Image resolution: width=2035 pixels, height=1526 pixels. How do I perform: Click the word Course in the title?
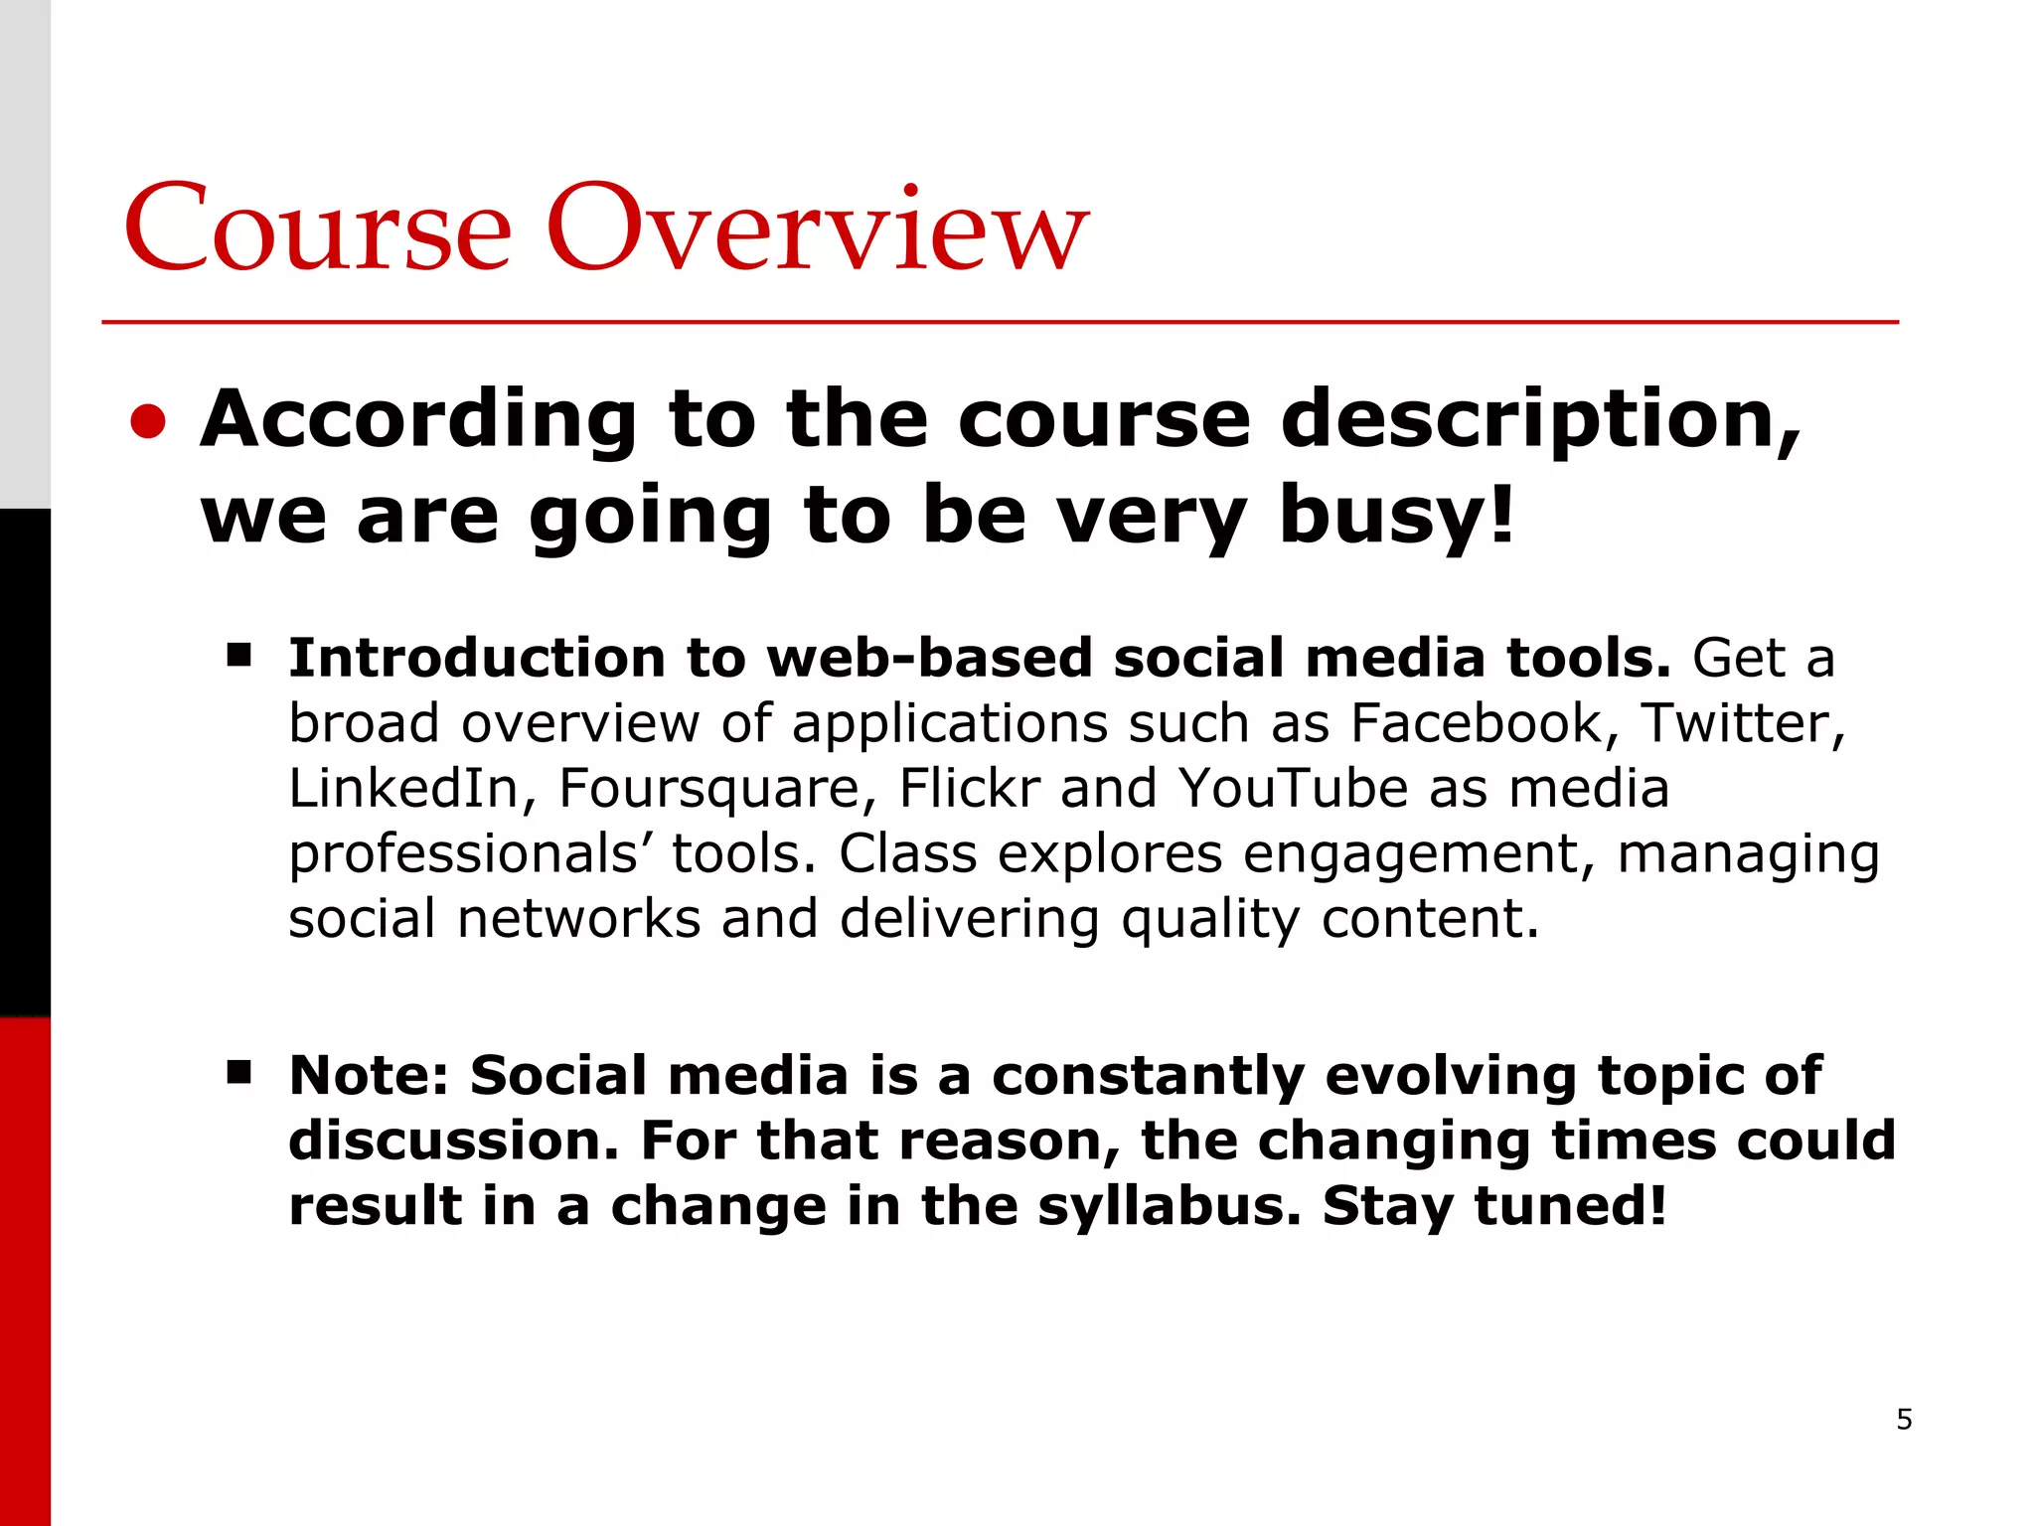click(318, 230)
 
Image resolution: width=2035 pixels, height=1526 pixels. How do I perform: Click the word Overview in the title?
click(817, 230)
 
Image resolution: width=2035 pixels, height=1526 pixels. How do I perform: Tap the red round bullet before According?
click(148, 421)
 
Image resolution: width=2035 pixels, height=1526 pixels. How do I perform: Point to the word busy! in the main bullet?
click(1396, 517)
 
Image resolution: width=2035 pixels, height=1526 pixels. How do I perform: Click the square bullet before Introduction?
click(238, 656)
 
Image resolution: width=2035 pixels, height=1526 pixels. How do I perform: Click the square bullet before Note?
click(238, 1073)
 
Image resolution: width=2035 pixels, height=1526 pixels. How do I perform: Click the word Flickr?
click(969, 789)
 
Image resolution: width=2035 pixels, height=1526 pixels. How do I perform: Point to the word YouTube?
click(1293, 789)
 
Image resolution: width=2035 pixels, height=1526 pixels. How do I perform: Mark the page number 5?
click(1904, 1420)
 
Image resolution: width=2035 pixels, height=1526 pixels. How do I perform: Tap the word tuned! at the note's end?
click(1570, 1207)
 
